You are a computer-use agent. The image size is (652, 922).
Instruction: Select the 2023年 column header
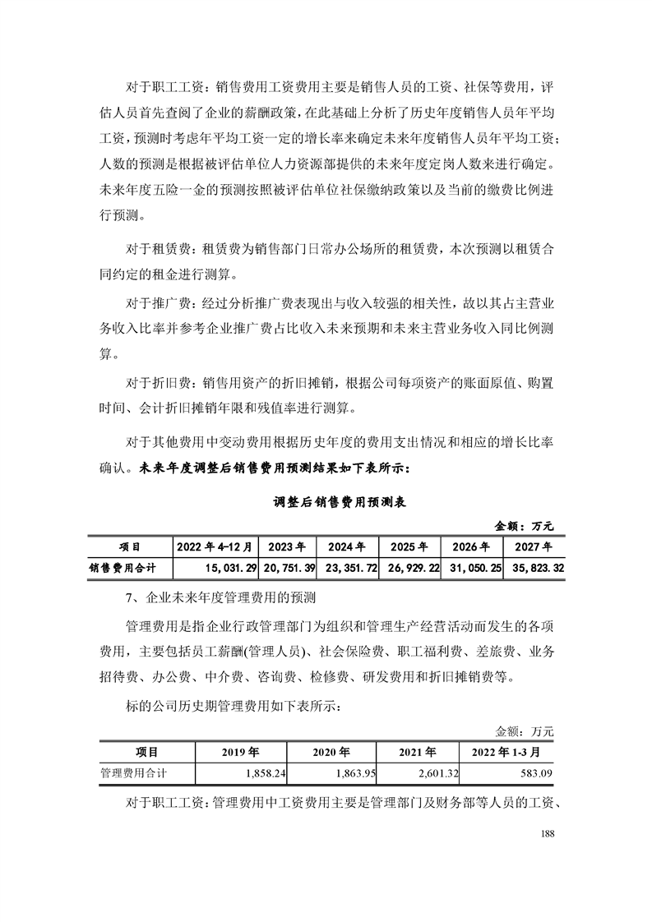(287, 546)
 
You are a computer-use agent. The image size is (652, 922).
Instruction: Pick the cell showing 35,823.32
(534, 567)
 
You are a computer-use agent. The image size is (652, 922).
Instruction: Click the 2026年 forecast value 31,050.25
(471, 567)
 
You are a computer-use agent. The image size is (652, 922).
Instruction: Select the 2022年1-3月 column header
(506, 752)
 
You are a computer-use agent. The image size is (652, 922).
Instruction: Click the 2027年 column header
(534, 546)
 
